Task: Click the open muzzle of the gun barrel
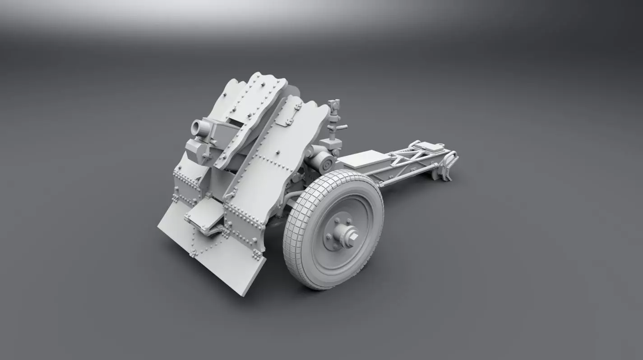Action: pyautogui.click(x=197, y=128)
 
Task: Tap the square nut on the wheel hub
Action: pyautogui.click(x=352, y=236)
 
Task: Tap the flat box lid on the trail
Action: pyautogui.click(x=364, y=159)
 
